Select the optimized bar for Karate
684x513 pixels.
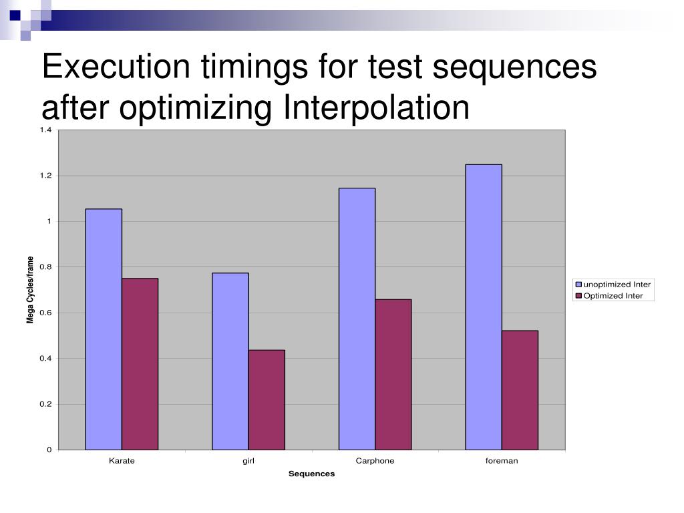click(x=140, y=364)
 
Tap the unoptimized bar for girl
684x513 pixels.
click(x=230, y=361)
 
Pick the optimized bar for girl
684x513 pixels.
click(x=267, y=399)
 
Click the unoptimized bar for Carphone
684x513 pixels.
click(x=357, y=319)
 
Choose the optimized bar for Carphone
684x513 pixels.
click(x=393, y=374)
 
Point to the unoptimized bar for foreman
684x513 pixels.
click(x=484, y=307)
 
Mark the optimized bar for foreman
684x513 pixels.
click(x=520, y=390)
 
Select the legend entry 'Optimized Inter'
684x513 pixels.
click(x=613, y=296)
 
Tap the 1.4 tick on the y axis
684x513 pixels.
click(x=45, y=130)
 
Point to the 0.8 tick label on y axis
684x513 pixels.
click(x=45, y=267)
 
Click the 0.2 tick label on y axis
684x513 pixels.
click(x=45, y=404)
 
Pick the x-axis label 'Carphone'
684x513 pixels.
click(x=375, y=461)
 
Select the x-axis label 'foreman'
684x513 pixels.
click(x=502, y=461)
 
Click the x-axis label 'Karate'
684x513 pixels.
click(x=122, y=461)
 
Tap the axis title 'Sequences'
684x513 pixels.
click(x=311, y=474)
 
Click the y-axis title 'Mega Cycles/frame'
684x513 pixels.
click(x=30, y=290)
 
